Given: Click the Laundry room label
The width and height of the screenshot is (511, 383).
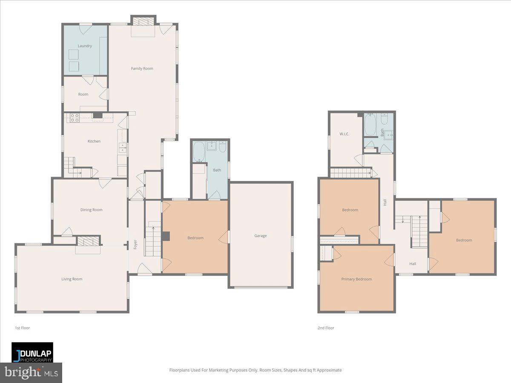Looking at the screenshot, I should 85,46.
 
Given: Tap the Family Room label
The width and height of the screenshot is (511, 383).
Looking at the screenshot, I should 142,69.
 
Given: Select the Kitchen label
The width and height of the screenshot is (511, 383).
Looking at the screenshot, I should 94,141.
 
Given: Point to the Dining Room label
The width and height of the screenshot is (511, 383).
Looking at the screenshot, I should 92,210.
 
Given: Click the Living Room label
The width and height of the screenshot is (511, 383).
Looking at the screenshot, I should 72,279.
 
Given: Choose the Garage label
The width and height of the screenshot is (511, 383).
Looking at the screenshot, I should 261,236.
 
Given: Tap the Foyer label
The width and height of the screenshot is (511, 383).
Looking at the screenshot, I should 135,245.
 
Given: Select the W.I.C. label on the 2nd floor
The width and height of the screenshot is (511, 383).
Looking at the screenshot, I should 344,134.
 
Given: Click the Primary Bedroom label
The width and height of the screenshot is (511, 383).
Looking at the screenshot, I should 356,279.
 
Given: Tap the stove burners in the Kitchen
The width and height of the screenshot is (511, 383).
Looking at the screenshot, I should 74,117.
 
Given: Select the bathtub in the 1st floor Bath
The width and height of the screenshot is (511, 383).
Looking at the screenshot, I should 198,151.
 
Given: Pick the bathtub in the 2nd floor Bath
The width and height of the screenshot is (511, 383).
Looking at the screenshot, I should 370,125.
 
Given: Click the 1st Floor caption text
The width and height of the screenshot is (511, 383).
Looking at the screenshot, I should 22,328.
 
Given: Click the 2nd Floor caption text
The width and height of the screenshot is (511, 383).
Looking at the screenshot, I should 326,328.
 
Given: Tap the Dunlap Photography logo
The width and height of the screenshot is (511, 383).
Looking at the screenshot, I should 32,352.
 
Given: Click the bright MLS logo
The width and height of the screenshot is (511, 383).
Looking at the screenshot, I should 31,373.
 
